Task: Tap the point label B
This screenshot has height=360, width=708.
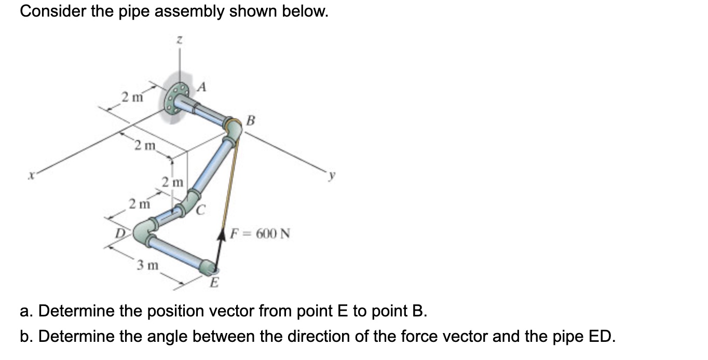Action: point(251,121)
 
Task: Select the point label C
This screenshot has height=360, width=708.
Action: point(201,210)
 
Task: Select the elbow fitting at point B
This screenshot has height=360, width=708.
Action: point(233,128)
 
